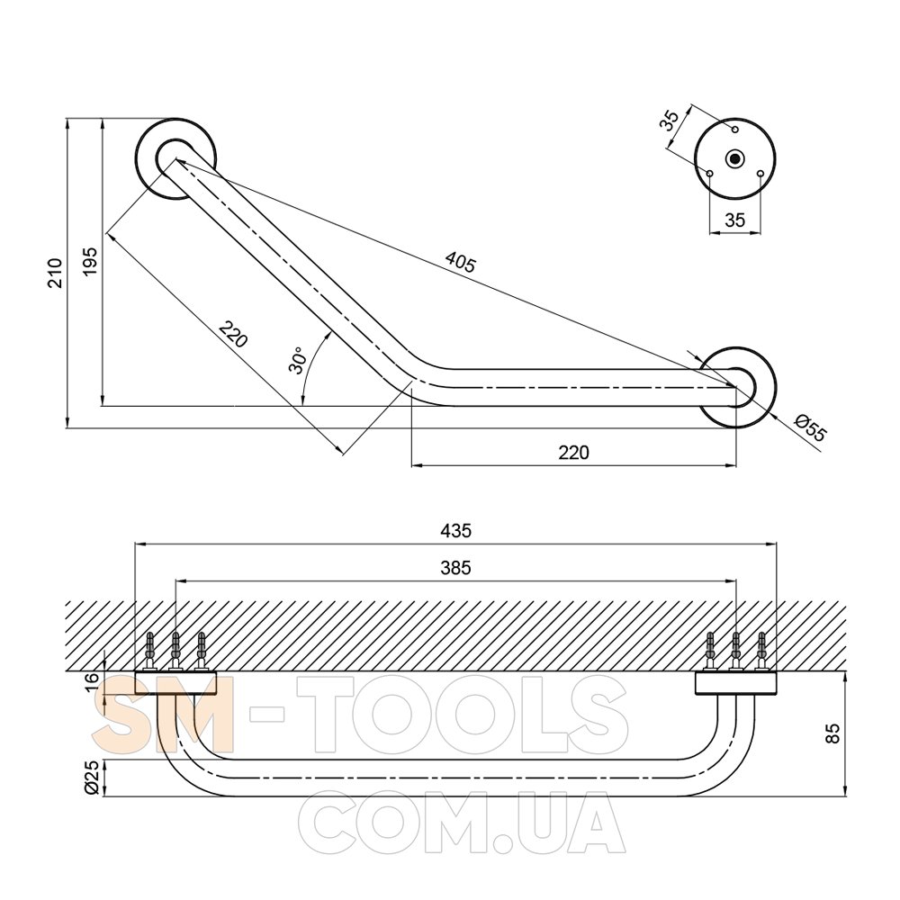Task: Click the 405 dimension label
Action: [x=460, y=262]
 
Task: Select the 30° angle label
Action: [x=298, y=361]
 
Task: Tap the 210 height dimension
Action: [x=55, y=273]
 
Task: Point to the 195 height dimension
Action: [x=90, y=262]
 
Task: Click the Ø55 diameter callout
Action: [x=811, y=427]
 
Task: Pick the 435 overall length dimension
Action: [x=455, y=530]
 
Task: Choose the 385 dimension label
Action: [x=455, y=568]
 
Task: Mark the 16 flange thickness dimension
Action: [x=92, y=682]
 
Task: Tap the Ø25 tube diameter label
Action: [x=92, y=778]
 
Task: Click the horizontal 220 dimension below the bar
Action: [x=573, y=453]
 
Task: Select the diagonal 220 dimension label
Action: [x=233, y=334]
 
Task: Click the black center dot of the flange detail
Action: [x=734, y=158]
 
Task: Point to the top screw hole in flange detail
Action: [x=734, y=129]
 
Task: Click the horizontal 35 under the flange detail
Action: [x=734, y=220]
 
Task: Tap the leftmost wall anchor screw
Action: [x=150, y=651]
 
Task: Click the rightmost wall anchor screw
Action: [x=761, y=651]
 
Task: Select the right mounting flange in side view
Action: [x=736, y=683]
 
